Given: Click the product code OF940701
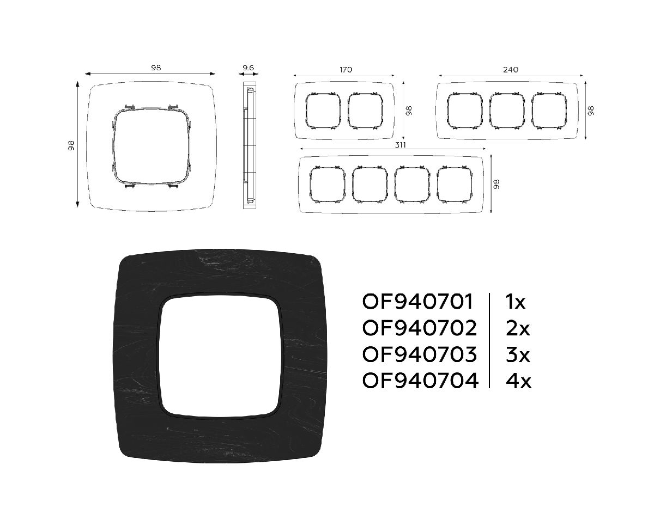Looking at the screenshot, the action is tap(417, 302).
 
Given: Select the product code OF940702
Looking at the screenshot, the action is tap(420, 328).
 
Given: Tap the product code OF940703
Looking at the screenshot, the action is tap(420, 354).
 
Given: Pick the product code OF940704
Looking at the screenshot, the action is tap(420, 381).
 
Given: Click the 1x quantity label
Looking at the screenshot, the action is tap(516, 302).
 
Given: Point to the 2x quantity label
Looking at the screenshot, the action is tap(518, 328).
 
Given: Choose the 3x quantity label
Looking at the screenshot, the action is tap(518, 354).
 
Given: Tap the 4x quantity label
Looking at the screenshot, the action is tap(518, 381).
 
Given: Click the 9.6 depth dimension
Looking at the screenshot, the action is tap(248, 68).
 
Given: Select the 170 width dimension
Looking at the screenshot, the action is tap(346, 70).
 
